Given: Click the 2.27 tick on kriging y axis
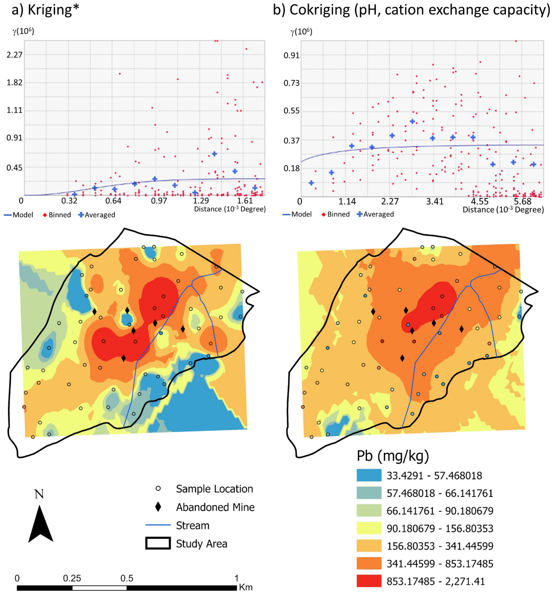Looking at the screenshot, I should click(14, 55).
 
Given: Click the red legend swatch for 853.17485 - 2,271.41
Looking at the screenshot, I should click(369, 581).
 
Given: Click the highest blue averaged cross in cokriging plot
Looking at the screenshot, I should click(412, 121).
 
